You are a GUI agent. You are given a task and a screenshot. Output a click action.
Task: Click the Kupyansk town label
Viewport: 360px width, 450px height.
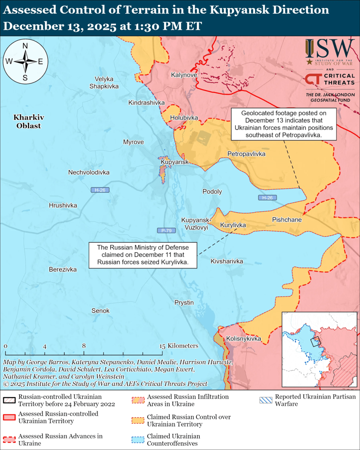174,162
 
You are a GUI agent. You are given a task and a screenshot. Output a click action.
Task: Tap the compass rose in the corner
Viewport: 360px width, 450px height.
25,61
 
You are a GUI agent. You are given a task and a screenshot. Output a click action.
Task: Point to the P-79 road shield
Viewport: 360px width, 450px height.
166,230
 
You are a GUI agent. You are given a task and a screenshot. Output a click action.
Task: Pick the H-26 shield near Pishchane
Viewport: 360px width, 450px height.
267,198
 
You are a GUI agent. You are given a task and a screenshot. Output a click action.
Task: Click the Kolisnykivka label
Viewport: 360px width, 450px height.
243,338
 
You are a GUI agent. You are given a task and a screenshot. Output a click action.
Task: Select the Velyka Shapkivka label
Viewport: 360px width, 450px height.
104,82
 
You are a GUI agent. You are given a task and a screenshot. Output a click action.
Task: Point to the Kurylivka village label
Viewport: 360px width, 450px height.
233,225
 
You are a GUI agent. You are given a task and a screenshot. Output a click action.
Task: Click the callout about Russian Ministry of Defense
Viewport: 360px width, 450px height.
143,255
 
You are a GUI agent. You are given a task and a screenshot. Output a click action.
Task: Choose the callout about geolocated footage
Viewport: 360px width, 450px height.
283,124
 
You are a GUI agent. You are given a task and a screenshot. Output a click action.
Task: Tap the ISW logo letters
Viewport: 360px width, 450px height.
330,49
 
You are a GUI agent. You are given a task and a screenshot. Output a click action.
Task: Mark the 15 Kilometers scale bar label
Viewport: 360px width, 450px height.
180,345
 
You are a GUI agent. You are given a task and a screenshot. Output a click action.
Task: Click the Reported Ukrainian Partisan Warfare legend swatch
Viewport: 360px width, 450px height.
265,400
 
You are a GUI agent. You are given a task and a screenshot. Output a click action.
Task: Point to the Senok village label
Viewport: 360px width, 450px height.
100,311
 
